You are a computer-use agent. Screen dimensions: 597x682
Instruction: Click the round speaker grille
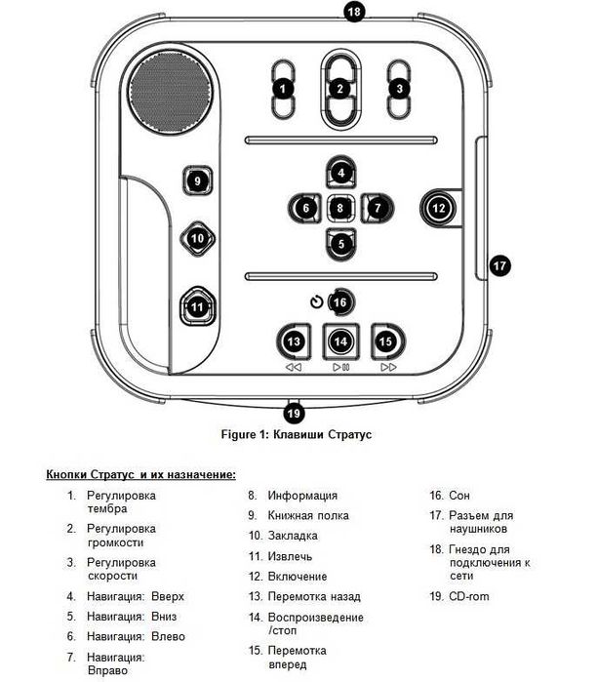(171, 93)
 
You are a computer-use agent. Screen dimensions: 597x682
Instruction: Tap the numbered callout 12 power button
(438, 208)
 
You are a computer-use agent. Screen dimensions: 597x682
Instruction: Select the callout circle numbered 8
(340, 208)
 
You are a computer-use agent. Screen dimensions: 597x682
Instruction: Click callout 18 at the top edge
(354, 12)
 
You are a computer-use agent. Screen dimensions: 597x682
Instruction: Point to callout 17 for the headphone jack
(499, 265)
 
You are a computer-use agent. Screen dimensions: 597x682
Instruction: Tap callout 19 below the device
(294, 413)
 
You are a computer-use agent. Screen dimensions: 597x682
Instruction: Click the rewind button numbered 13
(294, 341)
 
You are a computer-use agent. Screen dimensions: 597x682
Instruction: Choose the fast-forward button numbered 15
(387, 341)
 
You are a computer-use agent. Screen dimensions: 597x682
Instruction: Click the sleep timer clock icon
(317, 301)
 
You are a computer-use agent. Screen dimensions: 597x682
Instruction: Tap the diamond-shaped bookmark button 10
(197, 238)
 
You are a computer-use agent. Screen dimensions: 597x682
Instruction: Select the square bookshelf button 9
(197, 181)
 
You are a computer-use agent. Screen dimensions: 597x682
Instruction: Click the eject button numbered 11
(197, 306)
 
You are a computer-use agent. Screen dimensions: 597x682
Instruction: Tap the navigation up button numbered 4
(340, 173)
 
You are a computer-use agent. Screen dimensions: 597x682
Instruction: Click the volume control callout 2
(340, 89)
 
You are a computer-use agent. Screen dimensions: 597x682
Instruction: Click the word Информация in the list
(302, 496)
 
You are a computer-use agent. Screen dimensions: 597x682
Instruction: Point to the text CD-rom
(469, 596)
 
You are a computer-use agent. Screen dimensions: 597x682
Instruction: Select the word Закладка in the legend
(293, 536)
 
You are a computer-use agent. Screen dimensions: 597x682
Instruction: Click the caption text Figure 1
(245, 434)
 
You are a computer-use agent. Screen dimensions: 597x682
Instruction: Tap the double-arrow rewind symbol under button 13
(294, 368)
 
